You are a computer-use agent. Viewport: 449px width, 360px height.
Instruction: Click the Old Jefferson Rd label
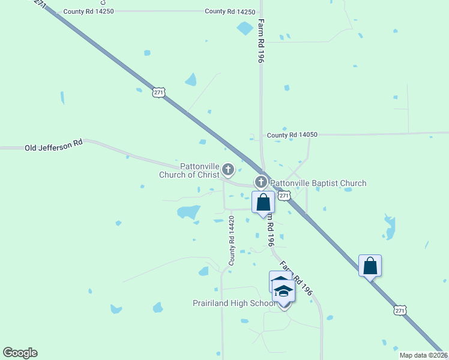click(53, 147)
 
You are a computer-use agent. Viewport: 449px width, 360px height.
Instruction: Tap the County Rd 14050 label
click(292, 135)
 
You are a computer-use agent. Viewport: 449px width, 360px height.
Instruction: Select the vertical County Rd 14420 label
click(231, 241)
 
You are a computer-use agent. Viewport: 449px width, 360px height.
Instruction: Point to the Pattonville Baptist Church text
click(318, 183)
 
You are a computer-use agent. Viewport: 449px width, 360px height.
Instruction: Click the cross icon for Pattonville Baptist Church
click(261, 181)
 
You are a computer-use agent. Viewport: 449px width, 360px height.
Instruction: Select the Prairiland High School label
click(235, 303)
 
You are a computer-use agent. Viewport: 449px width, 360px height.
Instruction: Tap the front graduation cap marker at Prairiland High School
click(284, 292)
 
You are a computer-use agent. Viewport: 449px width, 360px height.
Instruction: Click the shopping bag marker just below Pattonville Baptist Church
click(263, 203)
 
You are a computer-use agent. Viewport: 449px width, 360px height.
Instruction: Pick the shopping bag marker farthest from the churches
click(370, 266)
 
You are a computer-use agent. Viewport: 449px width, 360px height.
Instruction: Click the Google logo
click(20, 353)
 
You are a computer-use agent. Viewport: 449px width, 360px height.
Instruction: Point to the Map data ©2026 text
click(423, 355)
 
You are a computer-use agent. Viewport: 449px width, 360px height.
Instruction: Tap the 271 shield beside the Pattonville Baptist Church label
click(285, 196)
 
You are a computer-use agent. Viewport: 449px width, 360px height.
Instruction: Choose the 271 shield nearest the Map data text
click(400, 310)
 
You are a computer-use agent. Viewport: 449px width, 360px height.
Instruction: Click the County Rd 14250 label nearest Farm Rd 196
click(230, 11)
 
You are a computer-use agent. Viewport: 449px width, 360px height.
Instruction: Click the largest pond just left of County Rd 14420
click(188, 211)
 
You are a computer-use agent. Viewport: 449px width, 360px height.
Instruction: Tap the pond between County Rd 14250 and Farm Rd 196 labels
click(245, 28)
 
